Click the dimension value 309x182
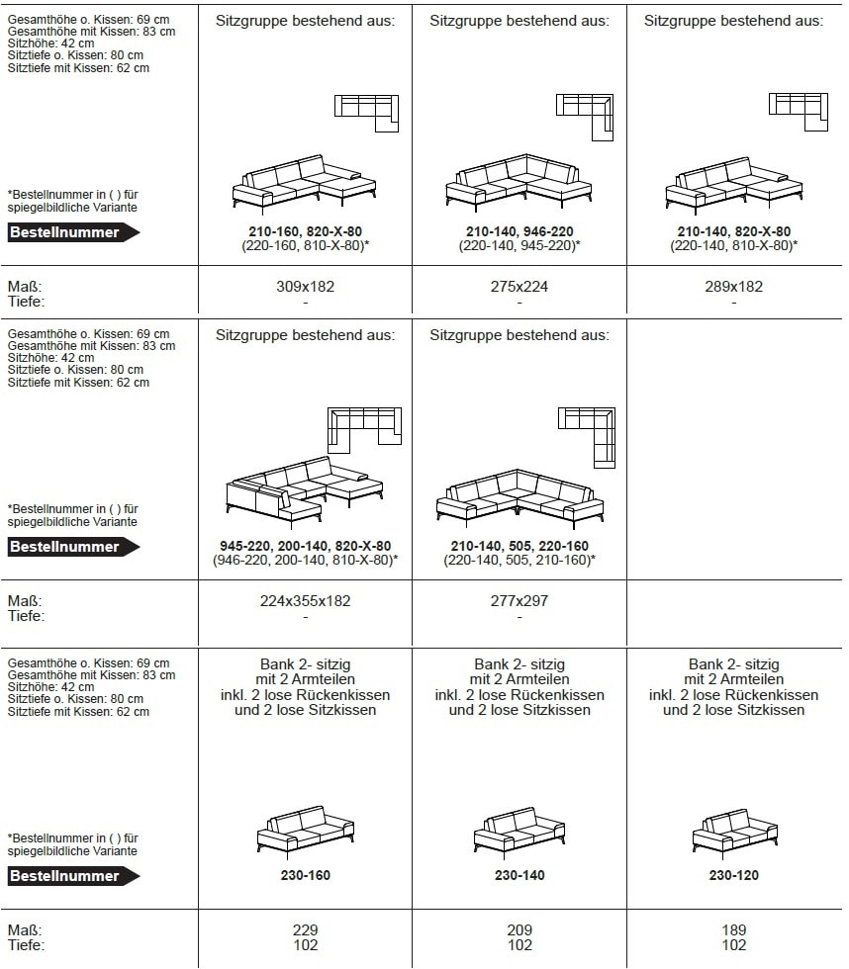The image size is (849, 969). (x=305, y=287)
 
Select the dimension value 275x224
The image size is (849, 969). (x=519, y=287)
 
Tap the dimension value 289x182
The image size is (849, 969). (x=734, y=287)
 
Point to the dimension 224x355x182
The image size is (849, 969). (x=305, y=600)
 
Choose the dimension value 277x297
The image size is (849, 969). (x=519, y=600)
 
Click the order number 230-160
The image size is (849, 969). (x=305, y=875)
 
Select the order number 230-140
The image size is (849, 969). (x=519, y=875)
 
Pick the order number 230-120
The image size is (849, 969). (x=734, y=875)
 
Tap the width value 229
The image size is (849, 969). (x=305, y=930)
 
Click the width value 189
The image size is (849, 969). (x=734, y=930)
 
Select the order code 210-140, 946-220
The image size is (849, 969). (x=519, y=231)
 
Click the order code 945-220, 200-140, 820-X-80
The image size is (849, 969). (x=305, y=546)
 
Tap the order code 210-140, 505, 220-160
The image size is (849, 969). (x=519, y=546)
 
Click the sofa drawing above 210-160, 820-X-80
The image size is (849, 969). (x=305, y=182)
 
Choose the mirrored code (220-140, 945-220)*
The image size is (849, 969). (x=519, y=245)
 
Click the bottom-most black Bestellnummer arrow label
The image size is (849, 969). (x=73, y=876)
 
